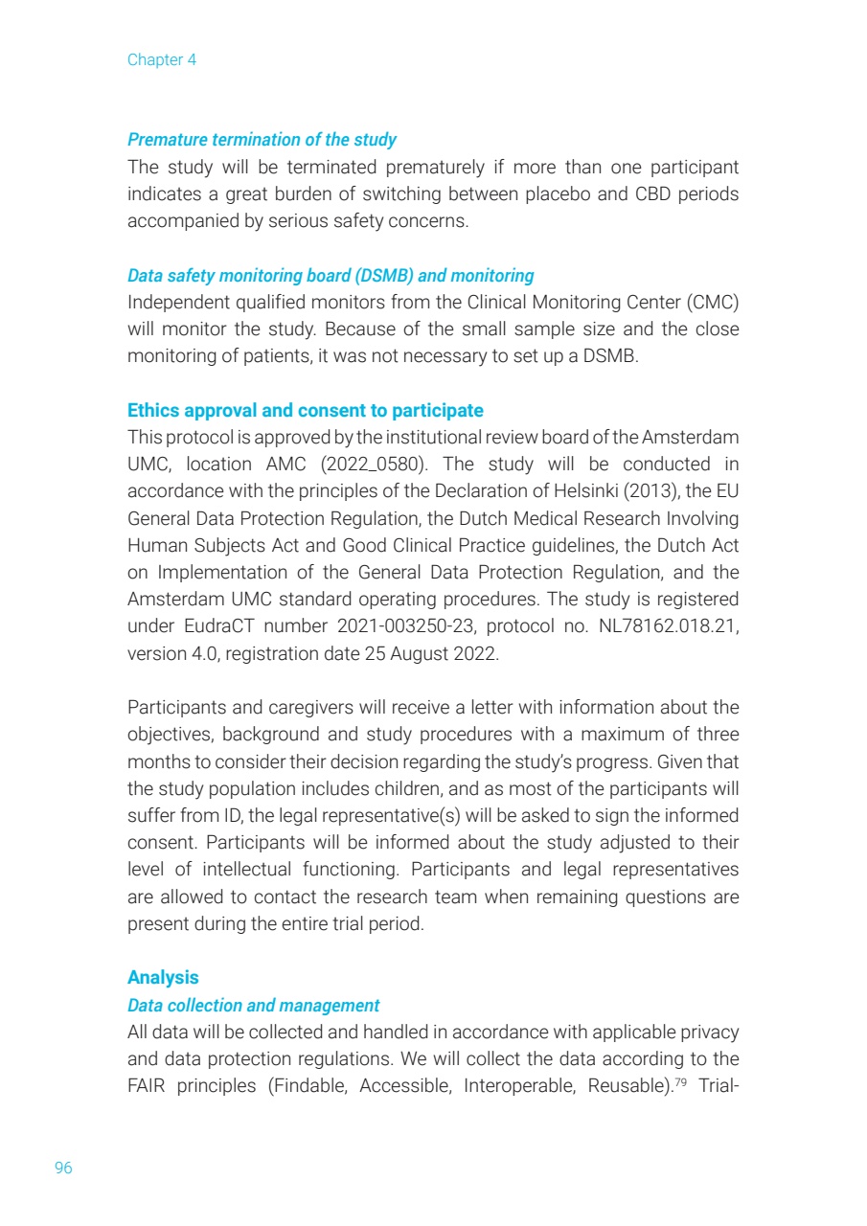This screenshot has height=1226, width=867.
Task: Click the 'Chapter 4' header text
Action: (162, 59)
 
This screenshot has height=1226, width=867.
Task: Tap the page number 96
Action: (63, 1168)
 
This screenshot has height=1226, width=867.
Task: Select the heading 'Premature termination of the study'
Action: (262, 140)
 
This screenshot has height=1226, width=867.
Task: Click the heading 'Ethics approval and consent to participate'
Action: (305, 411)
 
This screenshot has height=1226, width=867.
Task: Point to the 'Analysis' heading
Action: (163, 977)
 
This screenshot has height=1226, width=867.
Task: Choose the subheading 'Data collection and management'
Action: (253, 1006)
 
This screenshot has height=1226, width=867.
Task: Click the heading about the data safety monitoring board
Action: (331, 276)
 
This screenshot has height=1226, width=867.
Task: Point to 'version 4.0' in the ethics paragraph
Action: (164, 653)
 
